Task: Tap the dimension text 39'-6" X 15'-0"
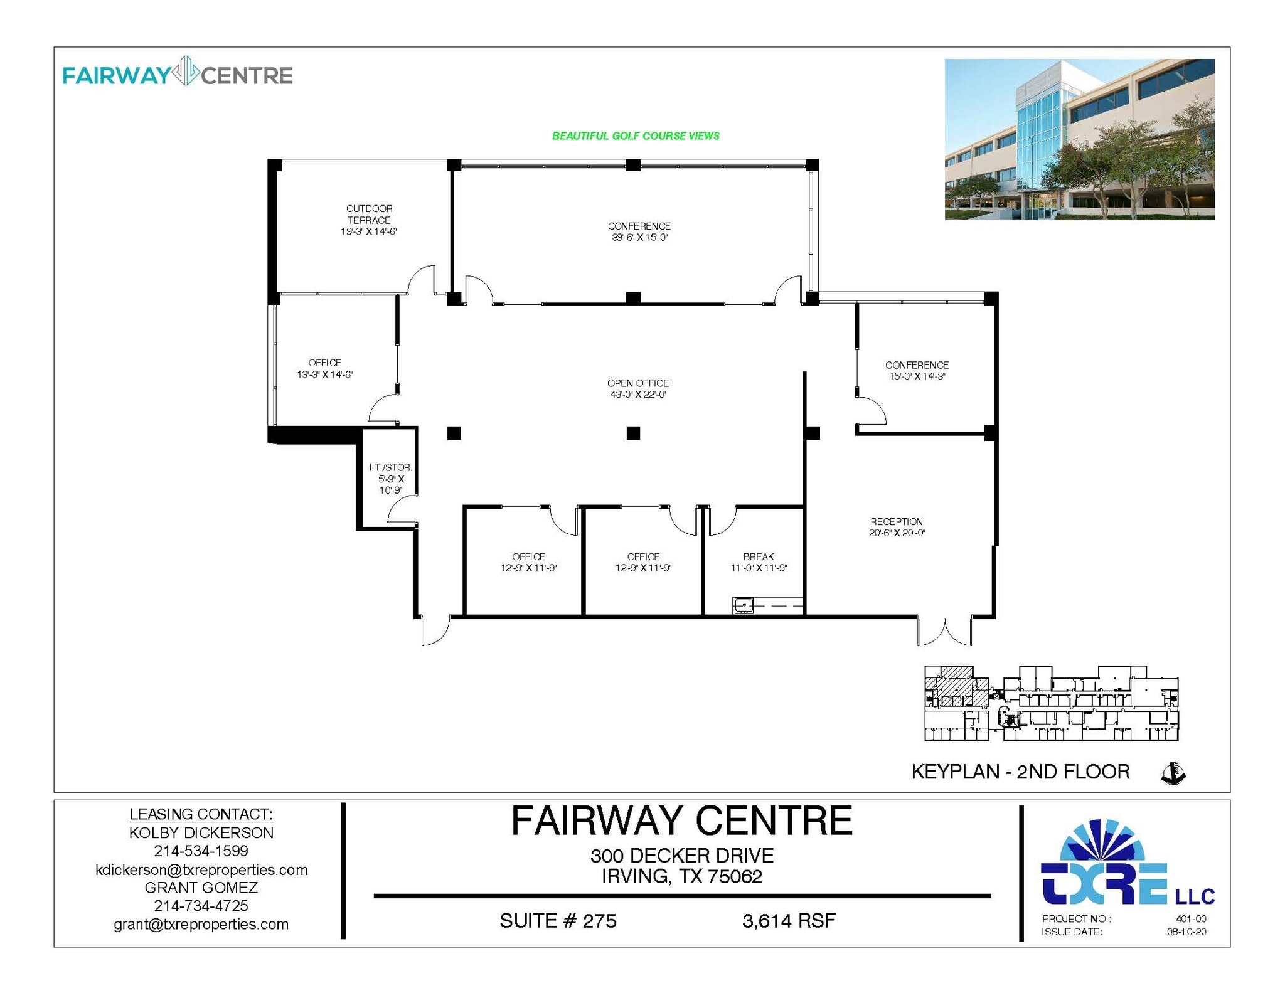pos(639,238)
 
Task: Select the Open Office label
pos(637,383)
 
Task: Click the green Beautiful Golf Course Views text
pos(636,136)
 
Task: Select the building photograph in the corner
pos(1079,139)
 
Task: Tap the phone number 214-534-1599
pos(201,851)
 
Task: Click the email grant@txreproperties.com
pos(201,924)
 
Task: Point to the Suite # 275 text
pos(558,921)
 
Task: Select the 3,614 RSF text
pos(789,921)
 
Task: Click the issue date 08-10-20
pos(1186,932)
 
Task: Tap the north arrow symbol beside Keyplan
pos(1173,773)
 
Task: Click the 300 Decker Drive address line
pos(681,856)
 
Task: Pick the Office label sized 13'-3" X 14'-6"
pos(325,369)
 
